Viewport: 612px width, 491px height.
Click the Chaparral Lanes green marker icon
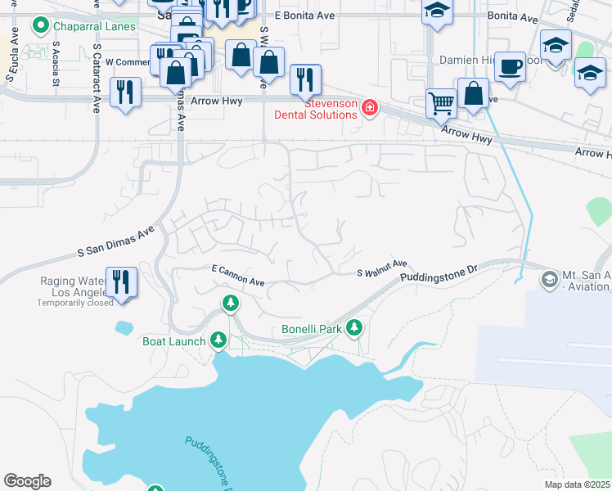(39, 26)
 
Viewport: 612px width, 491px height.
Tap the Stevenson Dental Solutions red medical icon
(369, 108)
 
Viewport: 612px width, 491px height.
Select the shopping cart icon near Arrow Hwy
(441, 103)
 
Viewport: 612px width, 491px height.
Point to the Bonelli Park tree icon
(353, 328)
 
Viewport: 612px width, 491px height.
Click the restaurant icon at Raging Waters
(121, 282)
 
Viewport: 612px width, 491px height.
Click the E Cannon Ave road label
(238, 275)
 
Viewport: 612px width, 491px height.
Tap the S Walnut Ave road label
(382, 268)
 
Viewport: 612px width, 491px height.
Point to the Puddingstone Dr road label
(438, 273)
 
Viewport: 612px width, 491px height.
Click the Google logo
(27, 481)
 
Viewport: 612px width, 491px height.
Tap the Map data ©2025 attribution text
(578, 484)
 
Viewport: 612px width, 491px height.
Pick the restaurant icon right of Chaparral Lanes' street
(124, 90)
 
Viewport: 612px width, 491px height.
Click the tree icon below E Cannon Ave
(232, 304)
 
